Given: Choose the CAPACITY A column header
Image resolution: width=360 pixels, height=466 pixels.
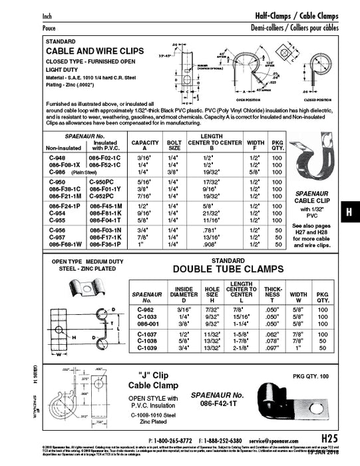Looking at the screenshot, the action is pyautogui.click(x=144, y=144).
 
